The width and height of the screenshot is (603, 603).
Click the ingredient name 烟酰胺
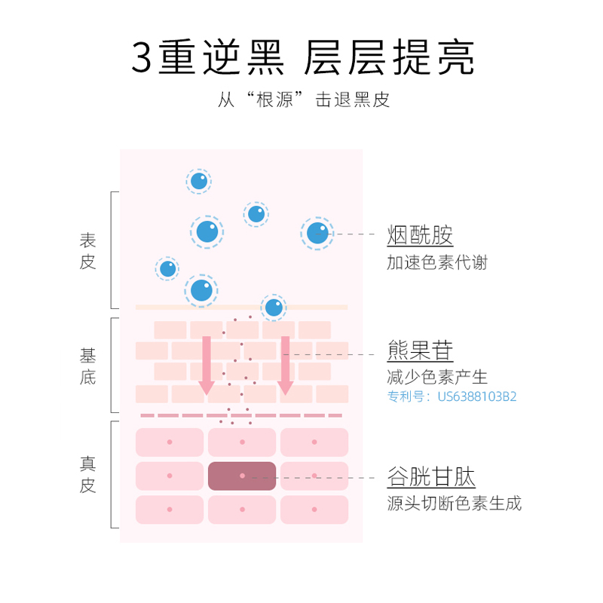(x=420, y=235)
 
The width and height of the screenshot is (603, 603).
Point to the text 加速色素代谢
(x=436, y=262)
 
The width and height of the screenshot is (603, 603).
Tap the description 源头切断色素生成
(x=454, y=503)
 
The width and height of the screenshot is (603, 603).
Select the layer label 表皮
(x=88, y=251)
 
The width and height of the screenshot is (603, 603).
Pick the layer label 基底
(x=88, y=366)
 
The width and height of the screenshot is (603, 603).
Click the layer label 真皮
(x=88, y=474)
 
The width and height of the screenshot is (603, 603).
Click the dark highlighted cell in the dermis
(x=242, y=476)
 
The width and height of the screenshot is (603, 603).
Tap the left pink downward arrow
(x=207, y=366)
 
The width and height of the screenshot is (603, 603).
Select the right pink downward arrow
(x=285, y=366)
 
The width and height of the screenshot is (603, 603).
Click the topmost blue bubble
(x=199, y=181)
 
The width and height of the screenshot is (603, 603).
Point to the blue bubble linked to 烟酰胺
(x=317, y=234)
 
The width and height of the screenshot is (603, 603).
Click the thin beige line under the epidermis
(x=241, y=307)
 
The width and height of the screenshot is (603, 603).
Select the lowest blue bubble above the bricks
(x=274, y=307)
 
